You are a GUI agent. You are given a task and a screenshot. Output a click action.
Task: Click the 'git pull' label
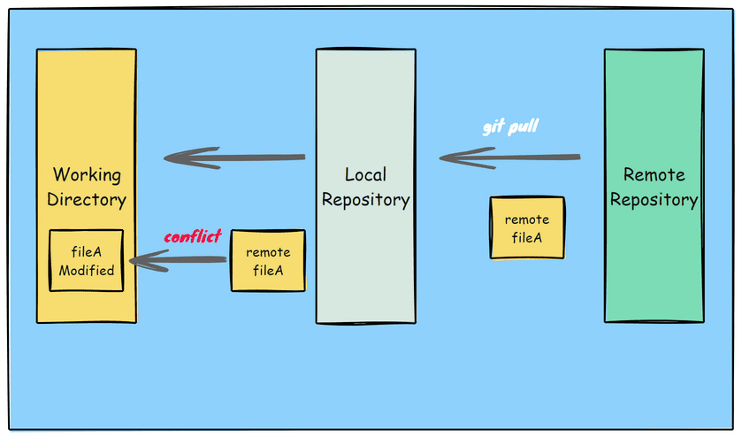click(510, 127)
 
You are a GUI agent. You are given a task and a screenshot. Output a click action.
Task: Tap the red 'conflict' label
click(192, 237)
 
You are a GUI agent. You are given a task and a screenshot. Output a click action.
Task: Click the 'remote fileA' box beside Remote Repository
click(527, 228)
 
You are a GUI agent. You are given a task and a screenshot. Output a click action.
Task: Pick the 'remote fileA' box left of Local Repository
click(268, 261)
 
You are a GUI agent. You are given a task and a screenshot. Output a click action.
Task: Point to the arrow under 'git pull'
click(510, 158)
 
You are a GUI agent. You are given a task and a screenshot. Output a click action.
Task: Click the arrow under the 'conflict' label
click(177, 259)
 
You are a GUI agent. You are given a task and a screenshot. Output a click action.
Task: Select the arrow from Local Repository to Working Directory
click(234, 158)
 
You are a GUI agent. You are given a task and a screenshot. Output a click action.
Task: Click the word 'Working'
click(87, 174)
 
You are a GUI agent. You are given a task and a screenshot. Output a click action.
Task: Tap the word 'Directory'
click(87, 199)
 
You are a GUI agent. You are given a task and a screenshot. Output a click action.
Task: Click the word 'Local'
click(365, 174)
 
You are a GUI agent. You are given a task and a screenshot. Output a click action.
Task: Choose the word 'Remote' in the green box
click(654, 174)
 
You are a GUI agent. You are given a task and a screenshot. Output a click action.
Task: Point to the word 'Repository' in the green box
click(654, 200)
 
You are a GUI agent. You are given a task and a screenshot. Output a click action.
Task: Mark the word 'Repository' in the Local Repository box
click(365, 200)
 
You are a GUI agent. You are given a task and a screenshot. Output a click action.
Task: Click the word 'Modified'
click(87, 271)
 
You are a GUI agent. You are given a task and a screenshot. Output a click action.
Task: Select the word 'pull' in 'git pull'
click(523, 127)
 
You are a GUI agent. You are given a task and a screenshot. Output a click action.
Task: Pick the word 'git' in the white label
click(493, 127)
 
